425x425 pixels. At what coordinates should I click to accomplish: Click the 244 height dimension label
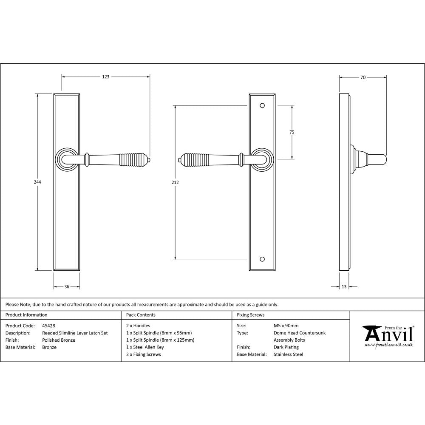pyautogui.click(x=37, y=182)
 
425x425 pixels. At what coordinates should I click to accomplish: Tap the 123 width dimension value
pyautogui.click(x=105, y=77)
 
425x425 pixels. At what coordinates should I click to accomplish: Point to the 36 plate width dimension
pyautogui.click(x=67, y=287)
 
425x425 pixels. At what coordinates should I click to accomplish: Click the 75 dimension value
pyautogui.click(x=292, y=132)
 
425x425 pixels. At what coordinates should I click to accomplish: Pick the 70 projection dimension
pyautogui.click(x=363, y=77)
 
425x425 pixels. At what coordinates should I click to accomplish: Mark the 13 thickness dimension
pyautogui.click(x=344, y=287)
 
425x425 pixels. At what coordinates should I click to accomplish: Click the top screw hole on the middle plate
pyautogui.click(x=262, y=105)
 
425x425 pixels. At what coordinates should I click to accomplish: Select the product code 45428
pyautogui.click(x=49, y=326)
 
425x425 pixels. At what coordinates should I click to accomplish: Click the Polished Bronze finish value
pyautogui.click(x=59, y=340)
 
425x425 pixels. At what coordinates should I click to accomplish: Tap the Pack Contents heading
pyautogui.click(x=141, y=315)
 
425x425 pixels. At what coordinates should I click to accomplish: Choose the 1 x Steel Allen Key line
pyautogui.click(x=145, y=347)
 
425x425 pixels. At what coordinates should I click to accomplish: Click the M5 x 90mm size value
pyautogui.click(x=286, y=326)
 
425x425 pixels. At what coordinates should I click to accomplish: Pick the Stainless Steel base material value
pyautogui.click(x=288, y=354)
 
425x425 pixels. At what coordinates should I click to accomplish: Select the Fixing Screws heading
pyautogui.click(x=250, y=315)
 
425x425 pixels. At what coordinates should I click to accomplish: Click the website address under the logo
pyautogui.click(x=388, y=345)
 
